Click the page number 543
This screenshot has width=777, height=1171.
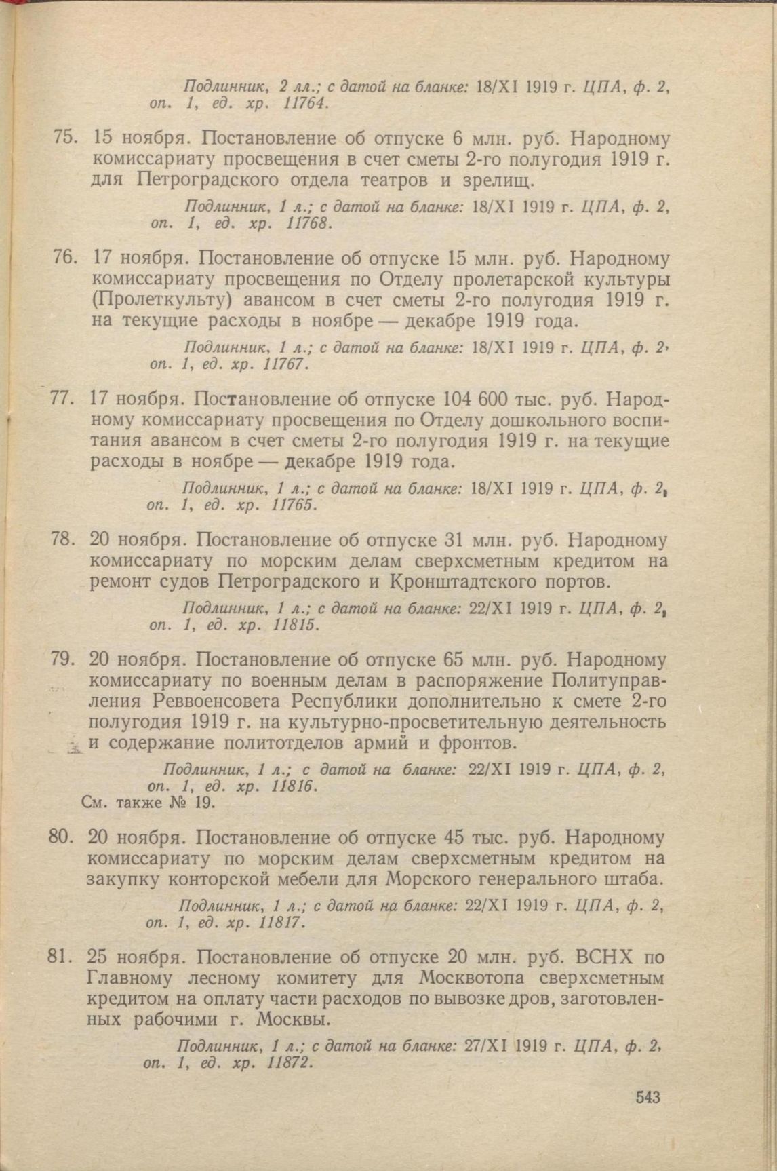(648, 1097)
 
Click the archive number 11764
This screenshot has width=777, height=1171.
(304, 104)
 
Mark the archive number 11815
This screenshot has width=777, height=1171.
(295, 625)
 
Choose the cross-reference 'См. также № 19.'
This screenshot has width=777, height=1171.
(148, 803)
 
